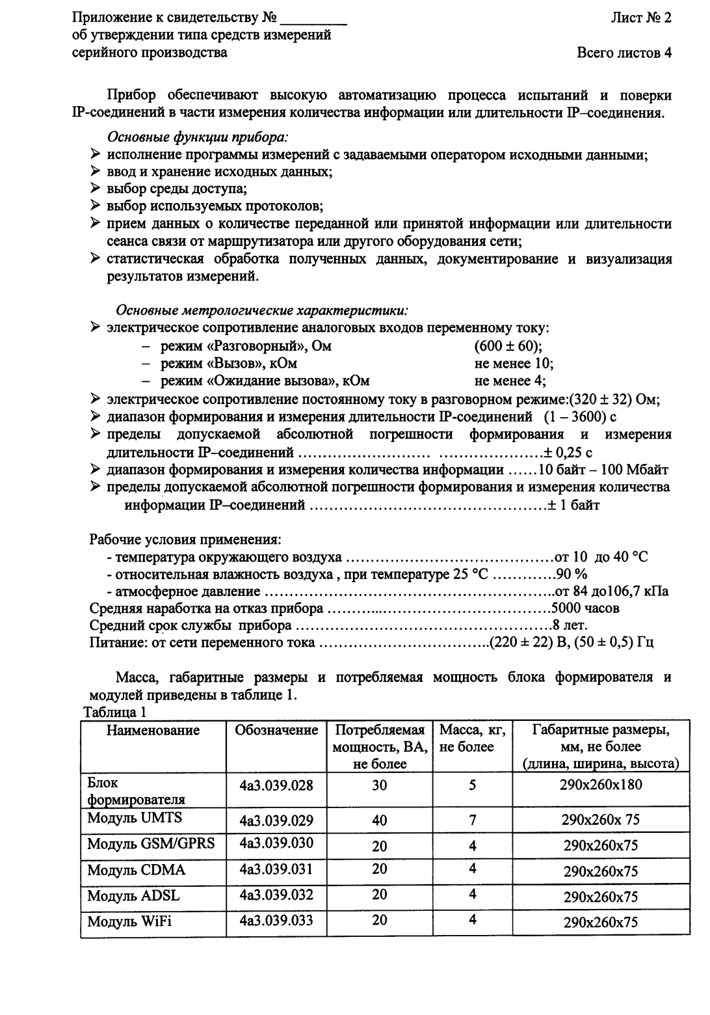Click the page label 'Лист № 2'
pos(640,18)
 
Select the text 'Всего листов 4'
pos(624,53)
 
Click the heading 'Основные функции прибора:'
pos(198,138)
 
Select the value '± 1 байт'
pos(573,505)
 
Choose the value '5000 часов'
pos(585,608)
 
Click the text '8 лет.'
pos(570,625)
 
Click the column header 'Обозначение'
pos(277,730)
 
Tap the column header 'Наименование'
pos(153,730)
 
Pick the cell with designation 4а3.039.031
pos(276,869)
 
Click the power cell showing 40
pos(380,820)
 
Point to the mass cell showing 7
pos(473,820)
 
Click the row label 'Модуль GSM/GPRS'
pos(151,844)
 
